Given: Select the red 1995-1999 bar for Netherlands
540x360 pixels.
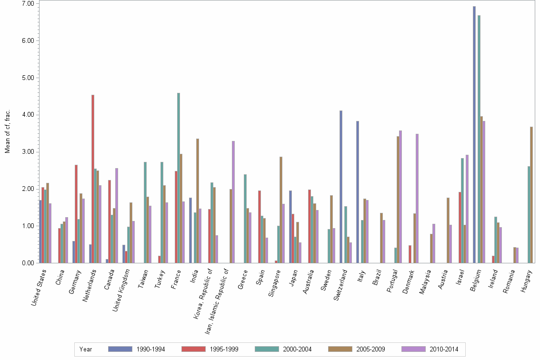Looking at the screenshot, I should pos(93,179).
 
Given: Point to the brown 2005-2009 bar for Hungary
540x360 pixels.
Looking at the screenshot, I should pos(531,195).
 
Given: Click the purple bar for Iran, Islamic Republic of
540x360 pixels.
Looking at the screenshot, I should pos(233,202).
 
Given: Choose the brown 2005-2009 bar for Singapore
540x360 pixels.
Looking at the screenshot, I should pos(281,210).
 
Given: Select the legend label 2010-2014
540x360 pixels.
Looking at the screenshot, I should pos(444,350).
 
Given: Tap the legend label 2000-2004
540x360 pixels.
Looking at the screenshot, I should pos(297,350).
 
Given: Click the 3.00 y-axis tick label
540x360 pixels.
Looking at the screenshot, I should pos(28,152).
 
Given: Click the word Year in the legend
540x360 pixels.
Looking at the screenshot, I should pos(86,350).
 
